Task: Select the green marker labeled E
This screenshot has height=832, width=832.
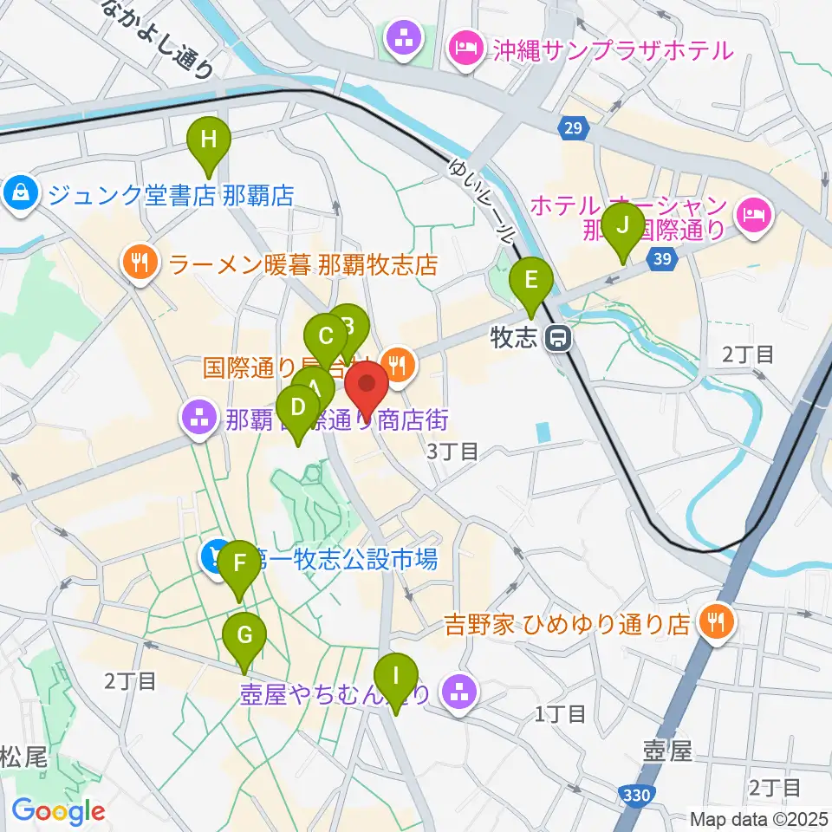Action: click(x=530, y=283)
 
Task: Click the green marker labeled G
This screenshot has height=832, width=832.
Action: click(x=245, y=638)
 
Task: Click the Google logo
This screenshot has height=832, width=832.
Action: click(x=58, y=810)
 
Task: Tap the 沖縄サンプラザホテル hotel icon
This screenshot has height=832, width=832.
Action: click(x=465, y=49)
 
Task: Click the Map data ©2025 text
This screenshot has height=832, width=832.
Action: click(x=758, y=818)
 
